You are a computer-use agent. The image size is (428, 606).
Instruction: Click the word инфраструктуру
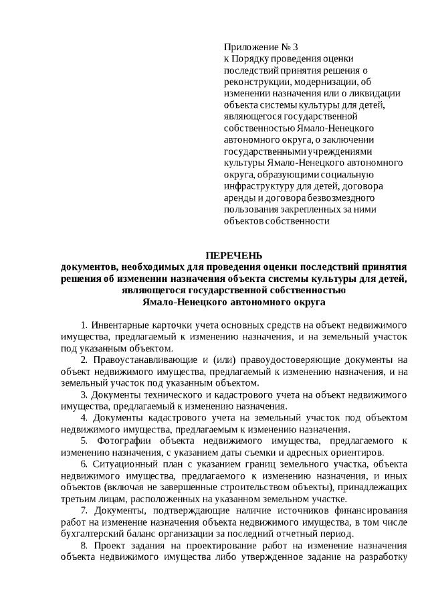click(257, 186)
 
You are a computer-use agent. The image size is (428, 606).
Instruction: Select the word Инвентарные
click(118, 325)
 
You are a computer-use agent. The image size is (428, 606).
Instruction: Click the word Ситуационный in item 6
click(122, 463)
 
